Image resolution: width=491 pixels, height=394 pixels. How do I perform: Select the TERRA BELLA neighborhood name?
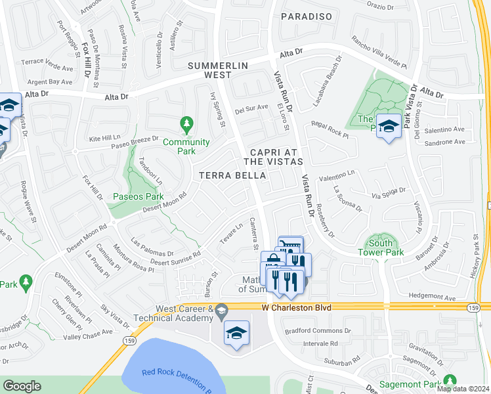point(232,175)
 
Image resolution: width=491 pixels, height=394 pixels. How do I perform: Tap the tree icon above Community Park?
point(186,123)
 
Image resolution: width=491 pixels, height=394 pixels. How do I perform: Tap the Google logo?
point(22,385)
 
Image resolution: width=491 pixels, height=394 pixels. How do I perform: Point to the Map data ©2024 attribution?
point(463,389)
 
